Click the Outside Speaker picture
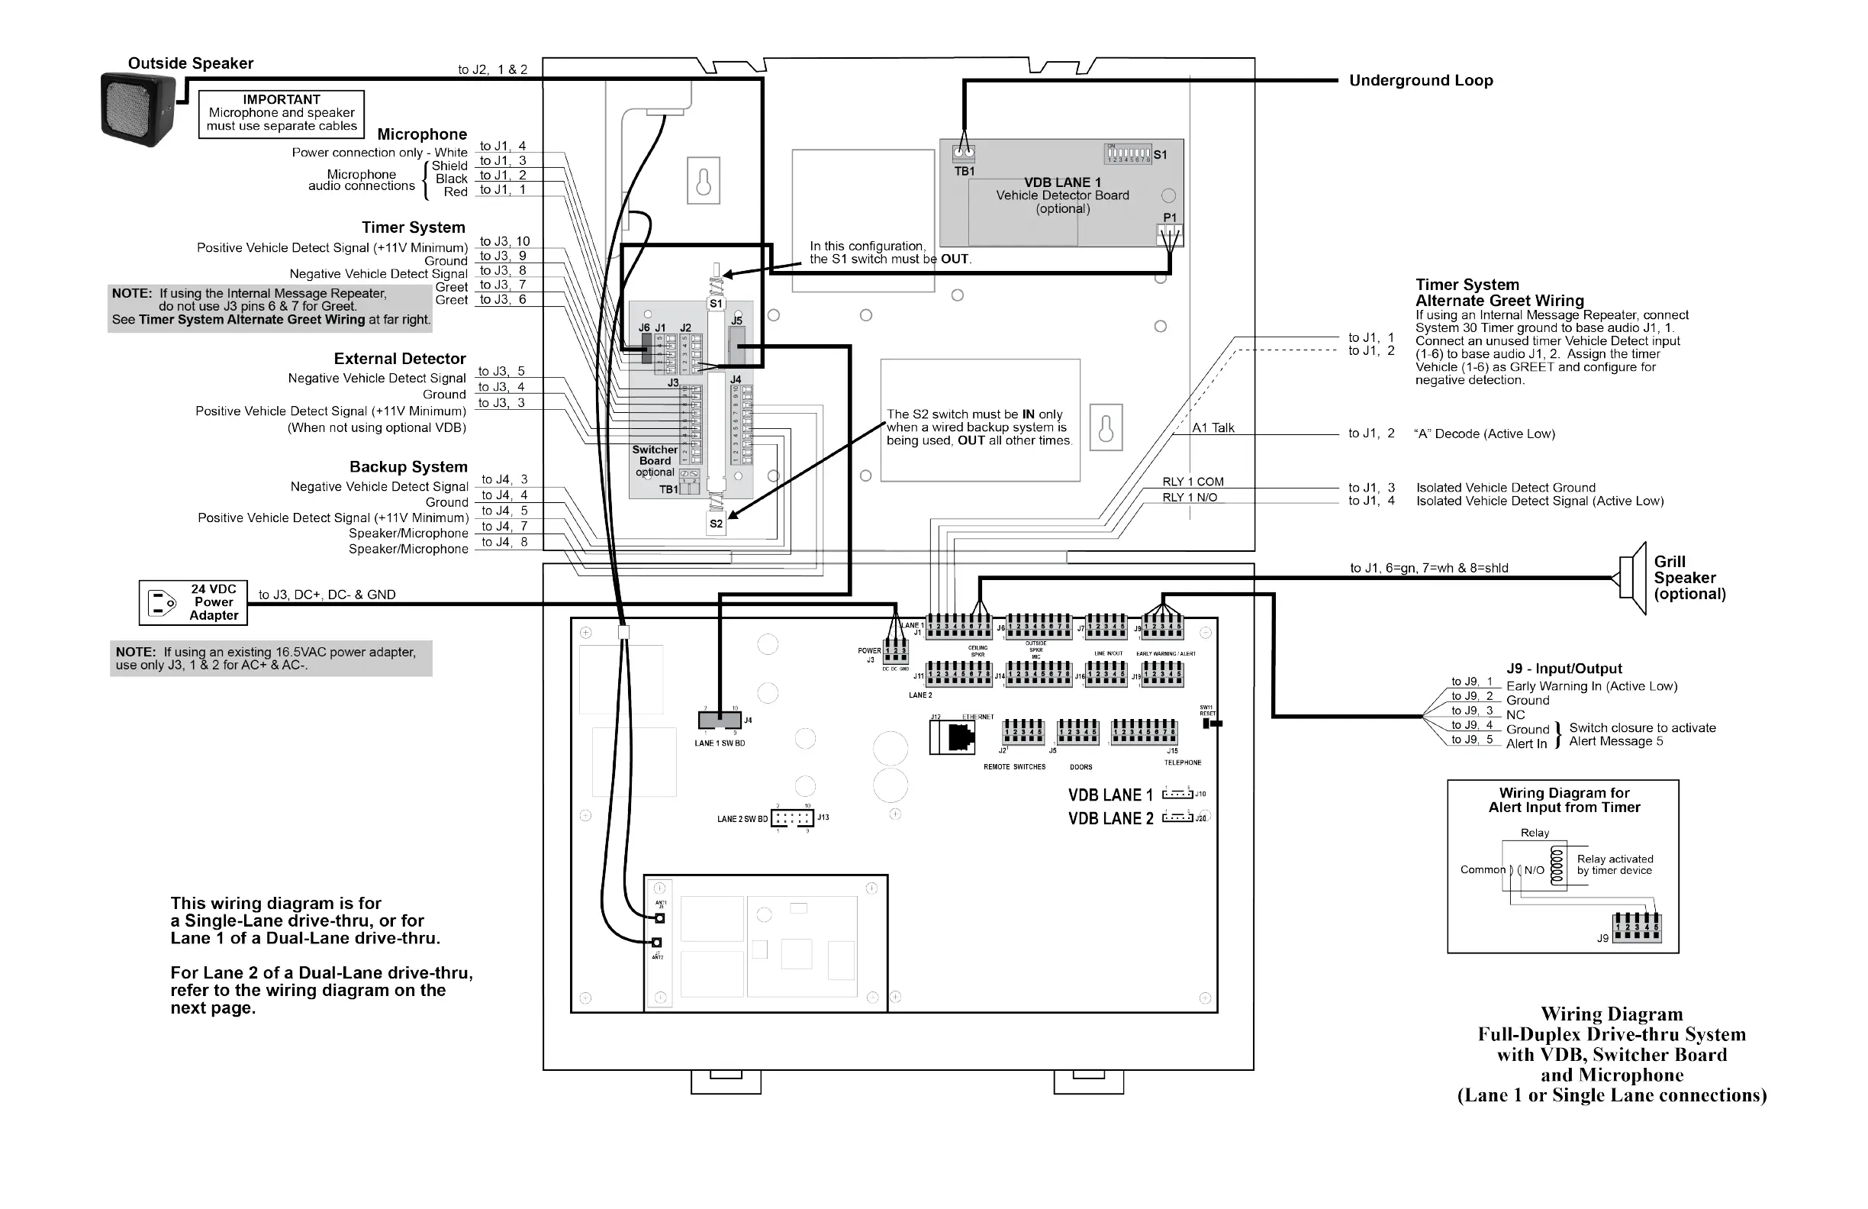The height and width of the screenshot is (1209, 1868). pyautogui.click(x=138, y=110)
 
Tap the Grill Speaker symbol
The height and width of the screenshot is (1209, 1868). pyautogui.click(x=1631, y=579)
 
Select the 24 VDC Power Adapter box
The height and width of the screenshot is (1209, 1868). pyautogui.click(x=193, y=603)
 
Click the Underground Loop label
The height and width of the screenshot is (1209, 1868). pyautogui.click(x=1421, y=80)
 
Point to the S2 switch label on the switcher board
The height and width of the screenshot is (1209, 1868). pyautogui.click(x=716, y=524)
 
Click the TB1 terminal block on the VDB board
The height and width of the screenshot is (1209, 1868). pyautogui.click(x=964, y=153)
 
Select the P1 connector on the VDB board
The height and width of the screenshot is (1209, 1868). pyautogui.click(x=1170, y=234)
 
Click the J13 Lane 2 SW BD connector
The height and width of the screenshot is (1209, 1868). pyautogui.click(x=793, y=818)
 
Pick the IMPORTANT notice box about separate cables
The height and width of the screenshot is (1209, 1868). pyautogui.click(x=282, y=113)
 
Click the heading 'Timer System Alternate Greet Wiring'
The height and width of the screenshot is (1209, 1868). pyautogui.click(x=1499, y=292)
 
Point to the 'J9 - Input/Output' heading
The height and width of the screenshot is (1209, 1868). pyautogui.click(x=1564, y=668)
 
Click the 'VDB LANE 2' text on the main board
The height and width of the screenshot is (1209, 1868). pyautogui.click(x=1110, y=819)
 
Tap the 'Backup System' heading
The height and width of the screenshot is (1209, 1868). pyautogui.click(x=408, y=466)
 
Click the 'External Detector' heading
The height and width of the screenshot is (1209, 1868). pyautogui.click(x=400, y=359)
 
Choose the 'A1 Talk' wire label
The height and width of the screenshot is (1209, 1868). pyautogui.click(x=1213, y=428)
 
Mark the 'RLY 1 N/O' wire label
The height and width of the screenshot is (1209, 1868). pyautogui.click(x=1190, y=498)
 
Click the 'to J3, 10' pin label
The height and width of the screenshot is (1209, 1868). pyautogui.click(x=504, y=242)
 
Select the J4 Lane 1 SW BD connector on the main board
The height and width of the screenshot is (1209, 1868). pyautogui.click(x=720, y=720)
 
